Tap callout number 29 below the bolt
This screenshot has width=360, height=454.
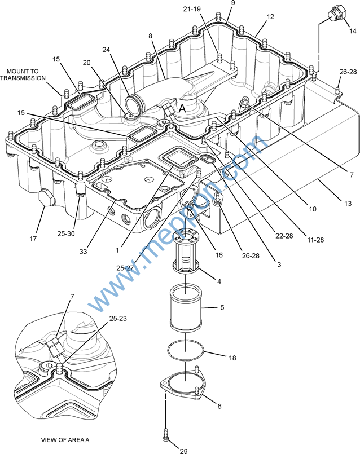click(183, 451)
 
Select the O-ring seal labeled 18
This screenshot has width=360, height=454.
click(186, 350)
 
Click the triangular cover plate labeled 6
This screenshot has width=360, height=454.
click(183, 384)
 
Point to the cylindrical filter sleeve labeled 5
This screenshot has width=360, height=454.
click(185, 308)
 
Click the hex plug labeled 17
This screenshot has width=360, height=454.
click(46, 198)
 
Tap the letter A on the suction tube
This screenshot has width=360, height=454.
click(182, 108)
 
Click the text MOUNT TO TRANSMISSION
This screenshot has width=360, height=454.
click(23, 74)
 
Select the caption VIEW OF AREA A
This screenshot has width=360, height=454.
click(65, 440)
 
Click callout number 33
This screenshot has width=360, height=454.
click(84, 252)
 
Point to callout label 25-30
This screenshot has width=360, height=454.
click(66, 234)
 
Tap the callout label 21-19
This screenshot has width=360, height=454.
click(192, 9)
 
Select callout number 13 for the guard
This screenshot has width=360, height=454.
click(348, 204)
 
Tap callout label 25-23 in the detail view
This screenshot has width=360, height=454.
click(118, 318)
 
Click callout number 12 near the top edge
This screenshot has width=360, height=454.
click(270, 17)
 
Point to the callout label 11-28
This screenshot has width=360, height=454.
click(315, 240)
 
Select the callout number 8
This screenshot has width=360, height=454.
click(150, 36)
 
